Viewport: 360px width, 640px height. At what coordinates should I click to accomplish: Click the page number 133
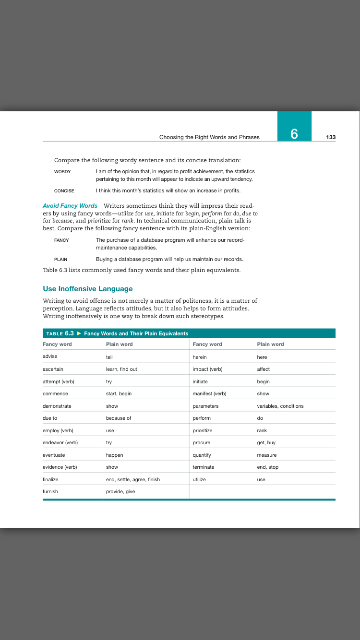pos(331,137)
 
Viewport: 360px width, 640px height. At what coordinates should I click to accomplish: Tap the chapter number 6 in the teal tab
pos(294,134)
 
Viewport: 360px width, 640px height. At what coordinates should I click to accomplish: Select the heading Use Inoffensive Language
pos(88,289)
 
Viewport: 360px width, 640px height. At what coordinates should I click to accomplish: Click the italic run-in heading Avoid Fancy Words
pos(70,206)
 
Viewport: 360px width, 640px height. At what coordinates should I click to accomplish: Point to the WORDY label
pos(62,172)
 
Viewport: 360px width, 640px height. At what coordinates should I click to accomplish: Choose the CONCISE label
pos(64,191)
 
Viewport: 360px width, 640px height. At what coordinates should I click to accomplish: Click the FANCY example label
pos(61,240)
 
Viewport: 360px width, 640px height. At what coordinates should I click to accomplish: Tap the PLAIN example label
pos(61,260)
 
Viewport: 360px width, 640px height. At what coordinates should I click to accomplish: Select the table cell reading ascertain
pos(53,369)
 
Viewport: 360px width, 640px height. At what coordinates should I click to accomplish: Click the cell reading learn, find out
pos(121,369)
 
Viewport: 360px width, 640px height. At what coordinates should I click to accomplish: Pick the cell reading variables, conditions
pos(280,406)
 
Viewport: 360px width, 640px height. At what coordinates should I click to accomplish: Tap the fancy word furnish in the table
pos(50,492)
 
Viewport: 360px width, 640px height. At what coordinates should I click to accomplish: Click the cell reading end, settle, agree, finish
pos(133,480)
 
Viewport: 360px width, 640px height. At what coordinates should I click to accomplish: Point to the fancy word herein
pos(200,357)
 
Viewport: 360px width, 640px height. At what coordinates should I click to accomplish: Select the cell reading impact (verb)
pos(207,369)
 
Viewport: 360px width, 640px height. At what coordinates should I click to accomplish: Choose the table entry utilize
pos(199,480)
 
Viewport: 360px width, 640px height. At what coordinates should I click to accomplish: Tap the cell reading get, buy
pos(266,443)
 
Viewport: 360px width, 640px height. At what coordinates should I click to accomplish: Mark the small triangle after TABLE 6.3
pos(79,333)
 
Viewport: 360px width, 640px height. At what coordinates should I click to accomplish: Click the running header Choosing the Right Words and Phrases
pos(209,137)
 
